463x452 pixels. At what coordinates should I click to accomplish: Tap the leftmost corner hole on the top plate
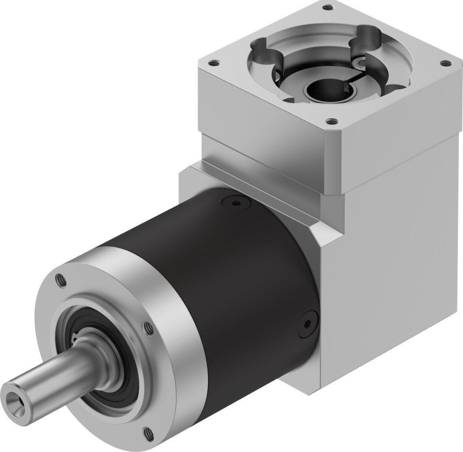pos(215,63)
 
